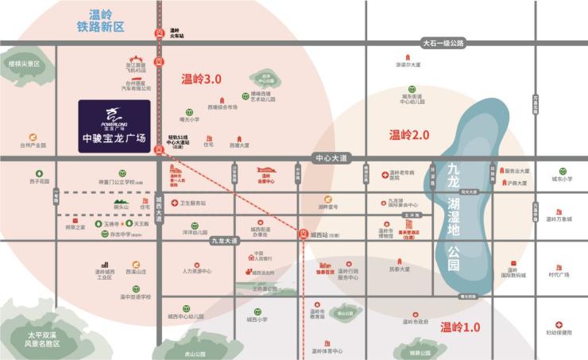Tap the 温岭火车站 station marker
point(159,33)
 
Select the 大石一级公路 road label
point(443,44)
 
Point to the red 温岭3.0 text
point(201,79)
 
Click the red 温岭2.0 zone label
point(409,135)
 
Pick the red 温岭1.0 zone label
point(461,327)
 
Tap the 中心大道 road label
point(331,159)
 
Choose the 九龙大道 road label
point(225,240)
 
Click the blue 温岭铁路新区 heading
point(101,20)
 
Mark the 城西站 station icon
point(303,234)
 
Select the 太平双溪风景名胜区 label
point(43,339)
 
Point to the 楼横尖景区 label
point(23,63)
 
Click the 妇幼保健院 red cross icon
point(559,324)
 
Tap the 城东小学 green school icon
point(563,171)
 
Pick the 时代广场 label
point(559,275)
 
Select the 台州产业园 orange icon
point(33,137)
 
